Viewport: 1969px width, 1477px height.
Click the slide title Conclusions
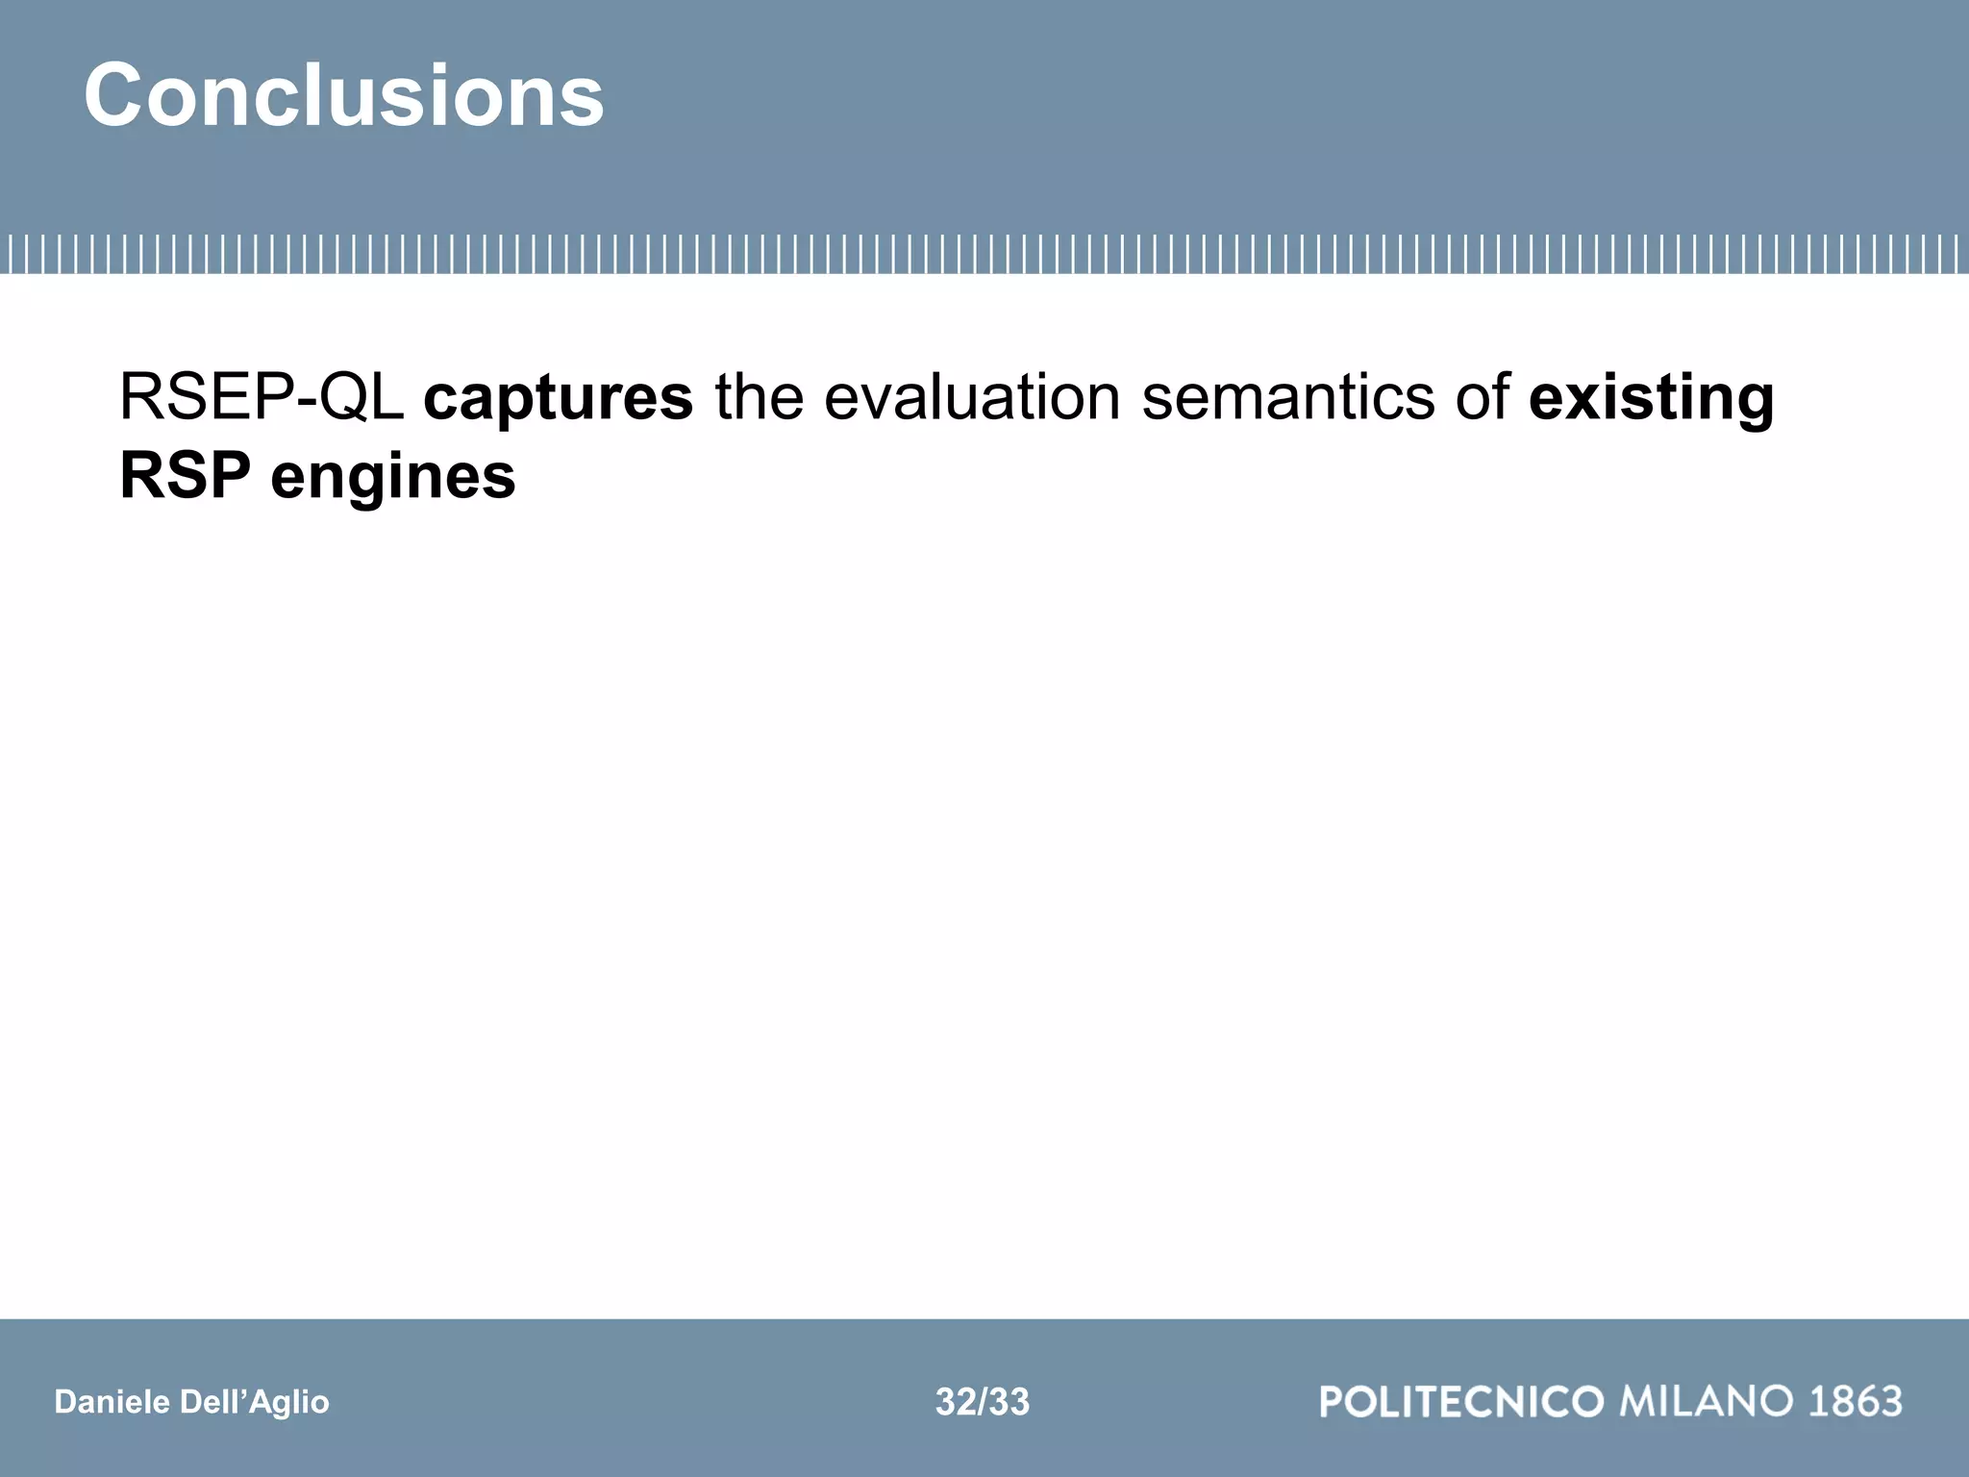click(x=344, y=95)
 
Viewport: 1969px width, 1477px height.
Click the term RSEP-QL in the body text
click(x=261, y=397)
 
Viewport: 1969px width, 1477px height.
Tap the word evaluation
click(x=972, y=397)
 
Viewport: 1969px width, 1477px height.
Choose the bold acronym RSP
click(x=185, y=476)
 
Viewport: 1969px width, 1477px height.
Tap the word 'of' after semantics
click(x=1482, y=397)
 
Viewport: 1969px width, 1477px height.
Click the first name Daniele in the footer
click(x=112, y=1402)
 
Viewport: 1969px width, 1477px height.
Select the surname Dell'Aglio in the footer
click(x=254, y=1402)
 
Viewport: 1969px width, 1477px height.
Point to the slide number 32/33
click(x=983, y=1402)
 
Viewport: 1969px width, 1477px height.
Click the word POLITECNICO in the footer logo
click(x=1461, y=1401)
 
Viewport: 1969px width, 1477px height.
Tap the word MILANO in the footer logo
click(x=1707, y=1401)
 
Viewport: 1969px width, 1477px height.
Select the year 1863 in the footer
click(x=1856, y=1401)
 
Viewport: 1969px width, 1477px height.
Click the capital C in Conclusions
click(x=117, y=95)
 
